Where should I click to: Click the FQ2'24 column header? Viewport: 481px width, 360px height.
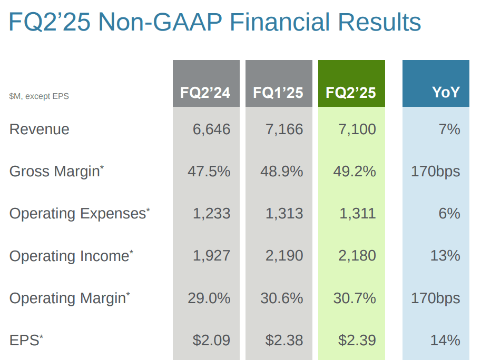[x=206, y=93]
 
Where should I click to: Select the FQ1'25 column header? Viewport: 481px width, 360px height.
[x=278, y=93]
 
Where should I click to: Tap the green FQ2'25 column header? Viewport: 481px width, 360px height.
[x=351, y=93]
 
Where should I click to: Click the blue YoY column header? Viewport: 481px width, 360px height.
[x=446, y=93]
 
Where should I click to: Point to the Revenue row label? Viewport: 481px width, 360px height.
[x=40, y=129]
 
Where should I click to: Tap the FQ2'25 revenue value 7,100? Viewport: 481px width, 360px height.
[x=357, y=129]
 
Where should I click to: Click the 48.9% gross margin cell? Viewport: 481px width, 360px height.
[x=281, y=172]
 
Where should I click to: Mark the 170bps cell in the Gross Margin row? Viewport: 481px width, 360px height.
[x=435, y=172]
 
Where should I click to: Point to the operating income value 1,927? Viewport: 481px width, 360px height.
[x=211, y=256]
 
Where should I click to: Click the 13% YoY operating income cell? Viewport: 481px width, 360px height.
[x=445, y=256]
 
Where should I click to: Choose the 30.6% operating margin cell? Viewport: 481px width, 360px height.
[x=281, y=298]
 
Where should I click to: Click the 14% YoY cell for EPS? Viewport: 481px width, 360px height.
[x=445, y=340]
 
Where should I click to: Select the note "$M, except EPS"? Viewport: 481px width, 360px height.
[x=39, y=96]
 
